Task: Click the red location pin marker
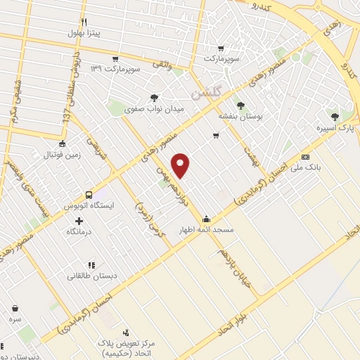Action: click(181, 165)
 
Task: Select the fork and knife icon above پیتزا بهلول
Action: click(84, 22)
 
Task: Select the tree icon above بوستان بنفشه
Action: click(241, 105)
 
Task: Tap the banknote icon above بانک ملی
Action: click(305, 156)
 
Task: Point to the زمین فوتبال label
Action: click(62, 155)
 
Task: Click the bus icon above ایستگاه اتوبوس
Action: click(89, 195)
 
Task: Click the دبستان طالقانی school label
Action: click(90, 276)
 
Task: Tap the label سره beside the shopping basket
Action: click(15, 319)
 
